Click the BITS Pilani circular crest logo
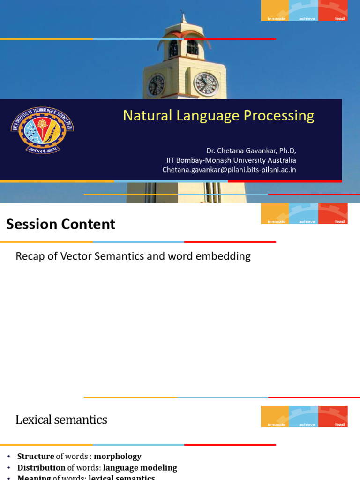click(42, 130)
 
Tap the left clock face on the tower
click(156, 85)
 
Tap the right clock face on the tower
click(206, 84)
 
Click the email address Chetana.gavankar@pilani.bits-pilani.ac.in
click(229, 170)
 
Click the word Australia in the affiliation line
click(279, 160)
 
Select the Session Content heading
click(60, 225)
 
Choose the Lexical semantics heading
click(61, 420)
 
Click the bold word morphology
click(118, 456)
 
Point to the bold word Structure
click(36, 456)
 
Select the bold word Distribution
click(41, 467)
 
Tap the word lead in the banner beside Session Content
click(340, 222)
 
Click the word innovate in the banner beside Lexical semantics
click(277, 425)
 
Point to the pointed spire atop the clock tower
click(184, 18)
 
